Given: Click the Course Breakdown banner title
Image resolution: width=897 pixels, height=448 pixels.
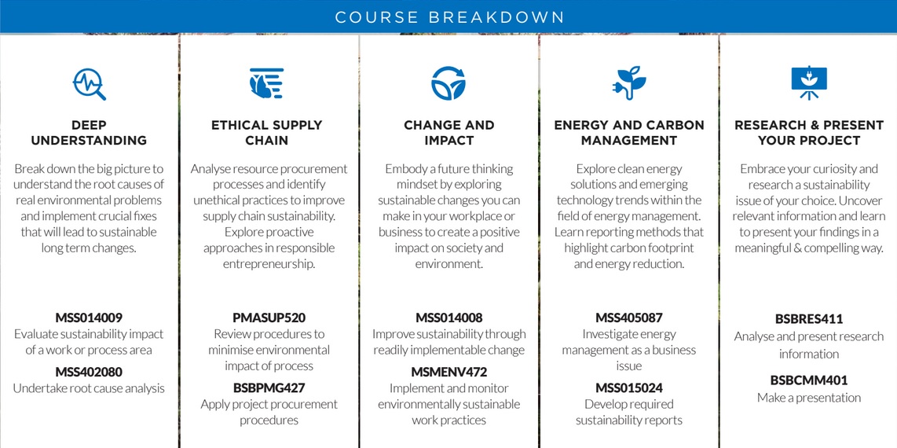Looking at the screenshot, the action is coord(449,17).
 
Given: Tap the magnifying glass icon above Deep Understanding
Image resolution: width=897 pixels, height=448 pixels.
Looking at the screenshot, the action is coord(90,84).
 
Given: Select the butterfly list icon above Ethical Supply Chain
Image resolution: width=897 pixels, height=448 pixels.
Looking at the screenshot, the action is coord(266,83).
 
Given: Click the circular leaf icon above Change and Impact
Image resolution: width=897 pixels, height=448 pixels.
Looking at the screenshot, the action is coord(448,83).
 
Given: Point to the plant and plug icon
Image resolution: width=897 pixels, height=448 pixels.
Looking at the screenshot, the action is coord(628,83).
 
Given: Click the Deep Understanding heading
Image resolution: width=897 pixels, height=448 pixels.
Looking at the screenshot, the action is coord(90,133).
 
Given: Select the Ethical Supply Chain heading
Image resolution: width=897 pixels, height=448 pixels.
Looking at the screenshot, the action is coord(266,133).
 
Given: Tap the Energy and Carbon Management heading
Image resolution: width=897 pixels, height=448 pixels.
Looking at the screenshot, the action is coord(629,133).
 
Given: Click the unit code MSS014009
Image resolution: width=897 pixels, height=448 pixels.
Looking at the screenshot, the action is coord(89,318).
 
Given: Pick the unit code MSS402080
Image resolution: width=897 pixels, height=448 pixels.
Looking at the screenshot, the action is coord(89,372).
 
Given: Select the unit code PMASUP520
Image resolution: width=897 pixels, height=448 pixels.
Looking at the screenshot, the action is coord(269,318).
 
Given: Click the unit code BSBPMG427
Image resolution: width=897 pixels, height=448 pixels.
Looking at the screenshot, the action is coord(269,388).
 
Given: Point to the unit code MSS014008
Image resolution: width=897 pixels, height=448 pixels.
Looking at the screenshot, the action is coord(449,318).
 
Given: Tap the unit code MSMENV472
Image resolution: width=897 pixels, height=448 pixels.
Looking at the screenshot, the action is coord(449,372).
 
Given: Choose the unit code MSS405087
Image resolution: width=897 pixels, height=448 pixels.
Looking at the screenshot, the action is coord(628,318).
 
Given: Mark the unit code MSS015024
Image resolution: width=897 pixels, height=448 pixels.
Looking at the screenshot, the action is coord(628,388).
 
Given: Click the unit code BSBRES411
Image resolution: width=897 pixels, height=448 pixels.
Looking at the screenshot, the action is coord(809,318).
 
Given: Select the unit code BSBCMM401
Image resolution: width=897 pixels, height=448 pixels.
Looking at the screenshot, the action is coord(809,380).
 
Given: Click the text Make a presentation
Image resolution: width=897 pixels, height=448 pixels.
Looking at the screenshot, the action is coord(809,398).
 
